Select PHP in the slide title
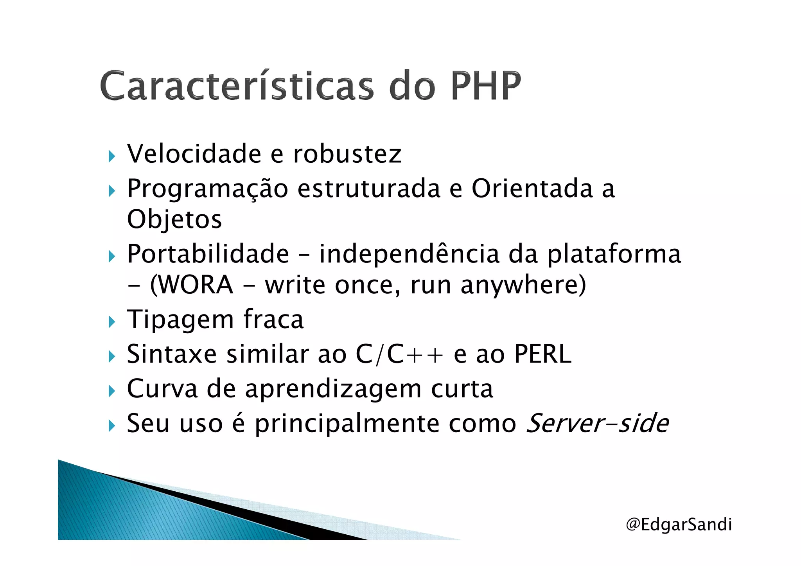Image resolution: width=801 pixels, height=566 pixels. tap(486, 85)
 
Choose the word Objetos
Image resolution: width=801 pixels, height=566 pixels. tap(174, 219)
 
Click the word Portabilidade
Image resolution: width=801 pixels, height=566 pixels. tap(208, 254)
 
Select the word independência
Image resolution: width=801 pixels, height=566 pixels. tap(409, 254)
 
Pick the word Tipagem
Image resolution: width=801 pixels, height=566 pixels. tap(180, 320)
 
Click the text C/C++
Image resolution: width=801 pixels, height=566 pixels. tap(399, 354)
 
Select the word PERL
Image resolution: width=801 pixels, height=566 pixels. tap(542, 354)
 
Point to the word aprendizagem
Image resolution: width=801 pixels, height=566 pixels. tap(333, 390)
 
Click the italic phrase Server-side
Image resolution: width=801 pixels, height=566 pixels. tap(597, 424)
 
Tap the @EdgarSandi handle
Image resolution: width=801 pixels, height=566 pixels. tap(679, 524)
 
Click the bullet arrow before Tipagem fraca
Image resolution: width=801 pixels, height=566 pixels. tap(112, 322)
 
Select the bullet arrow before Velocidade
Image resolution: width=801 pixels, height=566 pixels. tap(112, 156)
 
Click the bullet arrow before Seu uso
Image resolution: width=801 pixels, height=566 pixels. tap(112, 426)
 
